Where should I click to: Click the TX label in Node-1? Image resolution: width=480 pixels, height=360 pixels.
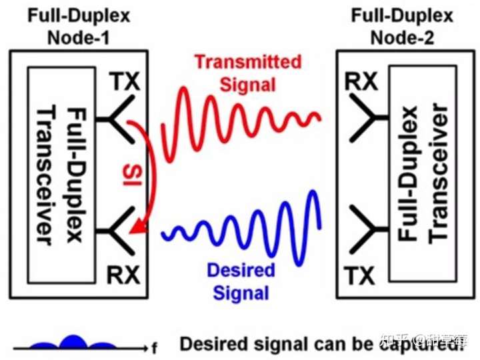coord(125,82)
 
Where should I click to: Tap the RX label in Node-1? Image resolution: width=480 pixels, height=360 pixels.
coord(124,275)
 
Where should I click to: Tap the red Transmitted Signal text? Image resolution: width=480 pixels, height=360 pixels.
coord(247,73)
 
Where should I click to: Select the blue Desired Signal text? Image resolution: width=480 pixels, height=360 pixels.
coord(241,281)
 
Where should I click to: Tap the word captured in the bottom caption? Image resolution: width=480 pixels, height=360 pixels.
coord(427,345)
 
